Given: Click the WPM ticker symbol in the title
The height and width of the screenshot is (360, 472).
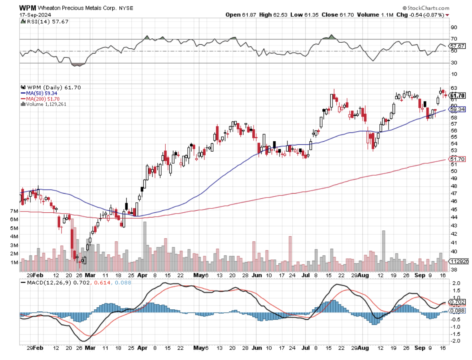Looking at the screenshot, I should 26,8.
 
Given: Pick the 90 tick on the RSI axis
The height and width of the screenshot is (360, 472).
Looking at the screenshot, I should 454,28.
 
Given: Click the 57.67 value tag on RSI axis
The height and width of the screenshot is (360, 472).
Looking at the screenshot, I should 456,46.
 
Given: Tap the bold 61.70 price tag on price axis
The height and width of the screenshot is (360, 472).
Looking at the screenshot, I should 456,95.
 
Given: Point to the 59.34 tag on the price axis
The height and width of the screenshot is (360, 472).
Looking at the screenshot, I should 456,109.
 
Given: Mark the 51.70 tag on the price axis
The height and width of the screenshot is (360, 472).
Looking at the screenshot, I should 456,159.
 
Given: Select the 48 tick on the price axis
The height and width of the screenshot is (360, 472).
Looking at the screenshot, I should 454,186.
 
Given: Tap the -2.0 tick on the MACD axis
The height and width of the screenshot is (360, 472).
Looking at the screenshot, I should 455,341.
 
